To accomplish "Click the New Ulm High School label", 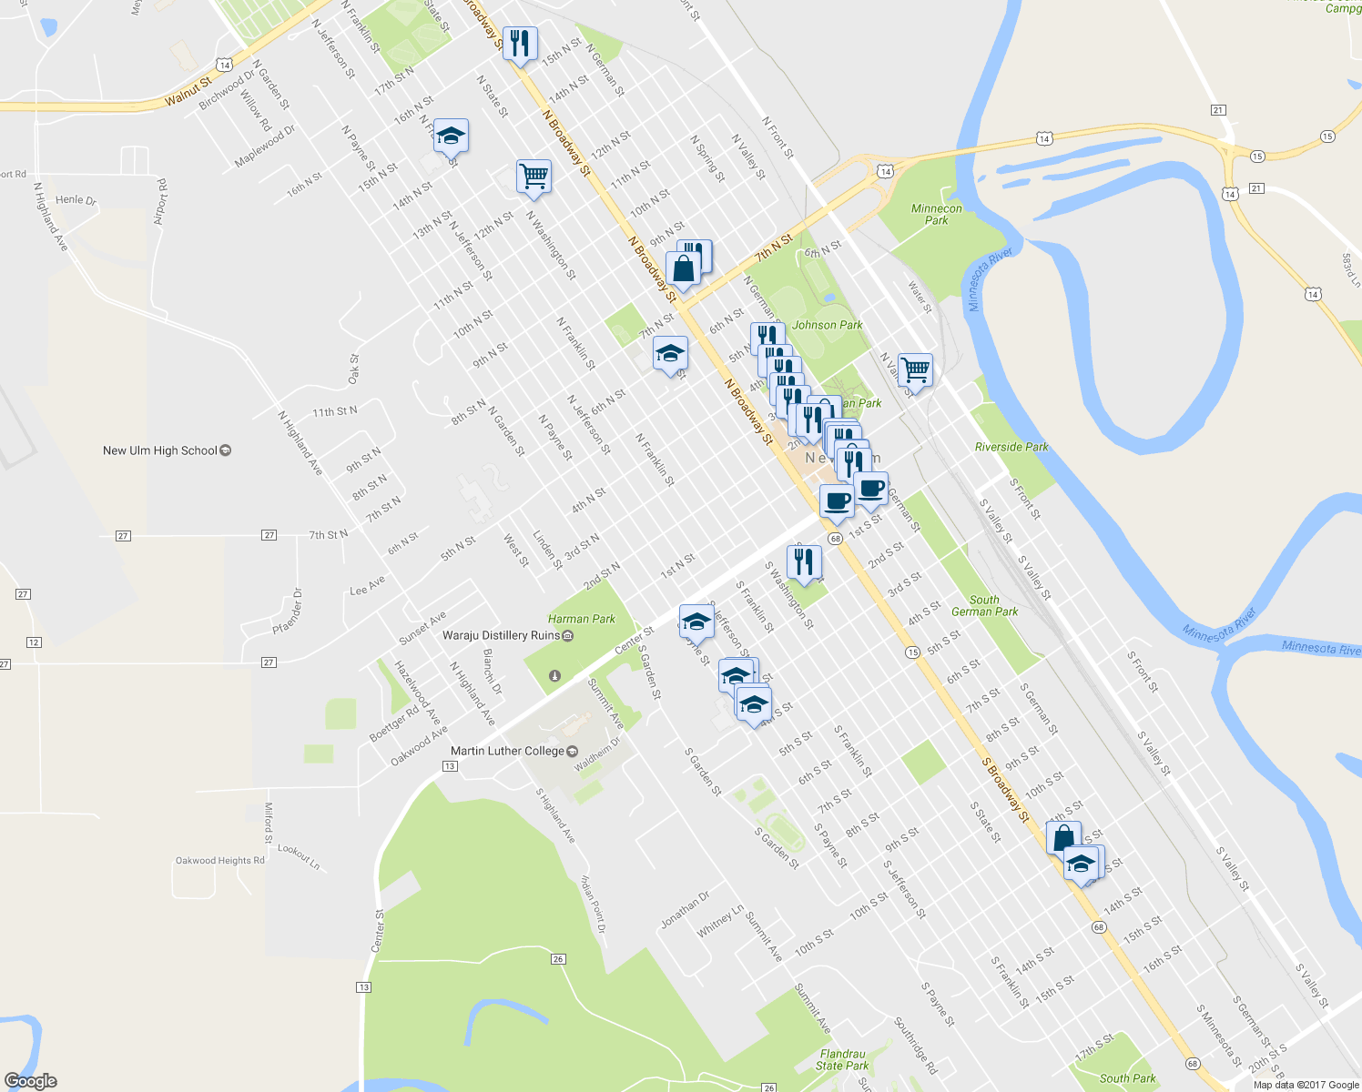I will tap(160, 450).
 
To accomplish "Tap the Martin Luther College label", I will tap(508, 751).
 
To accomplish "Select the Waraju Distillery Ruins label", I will tap(502, 635).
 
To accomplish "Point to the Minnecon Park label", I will tap(936, 214).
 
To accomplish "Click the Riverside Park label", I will tap(1011, 447).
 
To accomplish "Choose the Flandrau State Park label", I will tap(842, 1059).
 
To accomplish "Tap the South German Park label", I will tap(984, 605).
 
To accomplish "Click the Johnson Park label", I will tap(827, 325).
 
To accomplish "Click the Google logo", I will tap(30, 1080).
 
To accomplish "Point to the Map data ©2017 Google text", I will tap(1306, 1084).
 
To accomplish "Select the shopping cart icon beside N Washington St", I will tap(534, 176).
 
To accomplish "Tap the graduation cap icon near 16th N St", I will tap(451, 136).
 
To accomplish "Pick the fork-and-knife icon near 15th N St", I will tap(520, 43).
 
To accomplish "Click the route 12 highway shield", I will tap(34, 642).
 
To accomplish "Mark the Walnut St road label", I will tap(188, 92).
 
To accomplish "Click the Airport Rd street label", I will tap(160, 201).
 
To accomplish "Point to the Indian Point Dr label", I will tap(593, 904).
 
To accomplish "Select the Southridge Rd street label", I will tap(915, 1046).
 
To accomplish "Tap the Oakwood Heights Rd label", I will tap(220, 860).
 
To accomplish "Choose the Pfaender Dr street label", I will tap(288, 612).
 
